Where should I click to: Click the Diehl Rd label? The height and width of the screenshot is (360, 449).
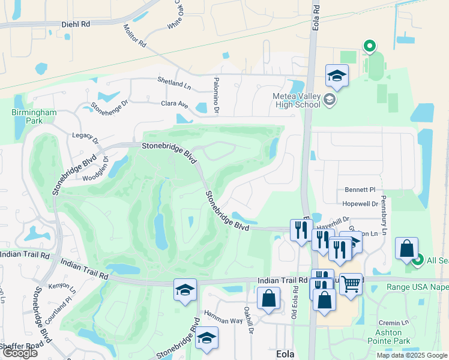(x=75, y=25)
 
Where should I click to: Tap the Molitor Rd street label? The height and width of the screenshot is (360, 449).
(x=134, y=36)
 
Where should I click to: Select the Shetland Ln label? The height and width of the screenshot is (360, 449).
(x=173, y=80)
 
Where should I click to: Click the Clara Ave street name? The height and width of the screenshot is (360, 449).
(x=175, y=104)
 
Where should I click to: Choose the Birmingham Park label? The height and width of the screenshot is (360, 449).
(x=34, y=116)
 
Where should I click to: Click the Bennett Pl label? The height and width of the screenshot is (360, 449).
(x=360, y=190)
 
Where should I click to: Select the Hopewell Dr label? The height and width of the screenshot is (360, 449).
(x=362, y=204)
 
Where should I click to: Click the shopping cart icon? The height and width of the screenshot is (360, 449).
(x=351, y=283)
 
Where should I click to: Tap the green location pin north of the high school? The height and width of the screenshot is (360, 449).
(x=370, y=46)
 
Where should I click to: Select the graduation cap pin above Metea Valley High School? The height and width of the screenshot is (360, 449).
(x=337, y=76)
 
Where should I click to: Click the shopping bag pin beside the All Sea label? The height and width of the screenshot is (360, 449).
(x=406, y=248)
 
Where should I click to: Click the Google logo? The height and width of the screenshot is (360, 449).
(x=20, y=353)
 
